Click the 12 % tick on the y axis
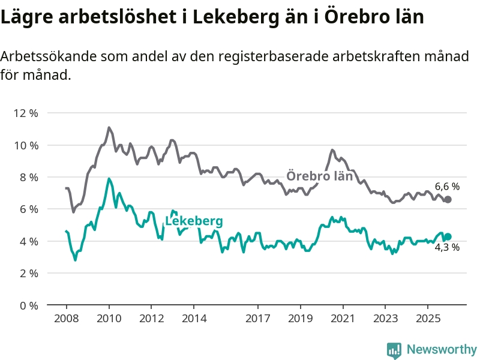[x=26, y=113]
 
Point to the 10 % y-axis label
[x=26, y=145]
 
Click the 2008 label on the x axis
[x=66, y=318]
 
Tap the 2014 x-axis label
[x=194, y=318]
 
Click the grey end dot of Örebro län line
[x=448, y=199]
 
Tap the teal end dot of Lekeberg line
[x=448, y=236]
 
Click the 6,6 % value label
[x=447, y=187]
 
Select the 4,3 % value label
[x=447, y=247]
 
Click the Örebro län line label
[x=319, y=176]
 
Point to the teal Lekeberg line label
[x=194, y=221]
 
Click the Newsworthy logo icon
[x=394, y=349]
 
